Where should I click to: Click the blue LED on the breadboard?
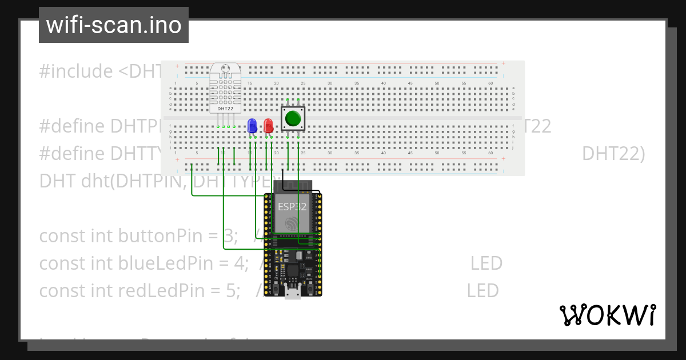(x=252, y=126)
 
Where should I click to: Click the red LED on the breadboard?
(x=268, y=126)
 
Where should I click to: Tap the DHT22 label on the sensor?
(x=225, y=109)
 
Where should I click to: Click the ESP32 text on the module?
(x=292, y=207)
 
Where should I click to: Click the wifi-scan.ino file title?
(x=113, y=25)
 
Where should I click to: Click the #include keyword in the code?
(x=76, y=71)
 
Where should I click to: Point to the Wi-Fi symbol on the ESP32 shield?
(x=293, y=223)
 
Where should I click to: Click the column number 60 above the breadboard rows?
(x=490, y=83)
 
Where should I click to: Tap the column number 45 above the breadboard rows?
(x=410, y=83)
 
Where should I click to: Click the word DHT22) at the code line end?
(x=613, y=154)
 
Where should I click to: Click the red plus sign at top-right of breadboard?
(x=503, y=63)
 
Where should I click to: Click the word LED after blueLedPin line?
(x=486, y=263)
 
